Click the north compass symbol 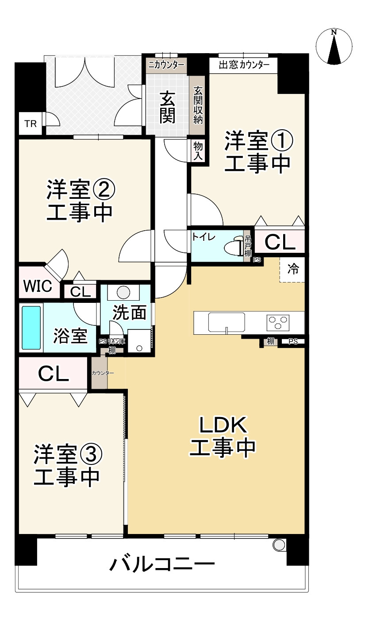coord(334,46)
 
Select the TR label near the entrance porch coord(31,124)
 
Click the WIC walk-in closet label coord(38,287)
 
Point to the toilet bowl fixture coord(232,247)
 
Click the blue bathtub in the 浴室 coord(31,327)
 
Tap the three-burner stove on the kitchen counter coord(278,321)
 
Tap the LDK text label coord(223,426)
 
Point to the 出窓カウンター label coord(244,66)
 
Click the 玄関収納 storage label coord(197,105)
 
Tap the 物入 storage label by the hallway coord(197,151)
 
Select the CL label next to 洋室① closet coord(280,242)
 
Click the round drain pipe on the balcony coord(279,545)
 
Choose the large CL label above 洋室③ coord(53,374)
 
